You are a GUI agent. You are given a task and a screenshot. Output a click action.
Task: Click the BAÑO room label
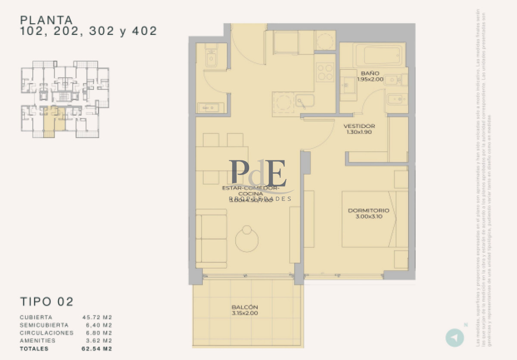(x=370, y=73)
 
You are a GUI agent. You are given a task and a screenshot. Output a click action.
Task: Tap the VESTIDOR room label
(x=359, y=126)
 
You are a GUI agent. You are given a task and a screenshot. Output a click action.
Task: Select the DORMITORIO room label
(x=368, y=210)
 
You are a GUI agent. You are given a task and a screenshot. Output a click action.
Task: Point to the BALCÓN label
(x=244, y=307)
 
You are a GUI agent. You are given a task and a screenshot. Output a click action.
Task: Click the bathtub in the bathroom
(x=379, y=55)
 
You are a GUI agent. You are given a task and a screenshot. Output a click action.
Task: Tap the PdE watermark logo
(x=258, y=172)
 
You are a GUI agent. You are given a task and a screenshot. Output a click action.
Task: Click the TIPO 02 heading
(x=47, y=301)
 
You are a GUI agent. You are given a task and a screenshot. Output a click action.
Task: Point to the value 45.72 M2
(x=97, y=317)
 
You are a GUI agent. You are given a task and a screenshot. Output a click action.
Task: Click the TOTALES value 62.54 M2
(x=97, y=349)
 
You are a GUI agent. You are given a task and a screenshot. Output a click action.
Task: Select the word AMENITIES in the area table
(x=37, y=341)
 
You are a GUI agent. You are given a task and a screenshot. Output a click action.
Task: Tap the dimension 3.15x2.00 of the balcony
(x=244, y=313)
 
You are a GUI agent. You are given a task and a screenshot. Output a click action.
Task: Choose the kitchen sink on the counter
(x=304, y=101)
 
